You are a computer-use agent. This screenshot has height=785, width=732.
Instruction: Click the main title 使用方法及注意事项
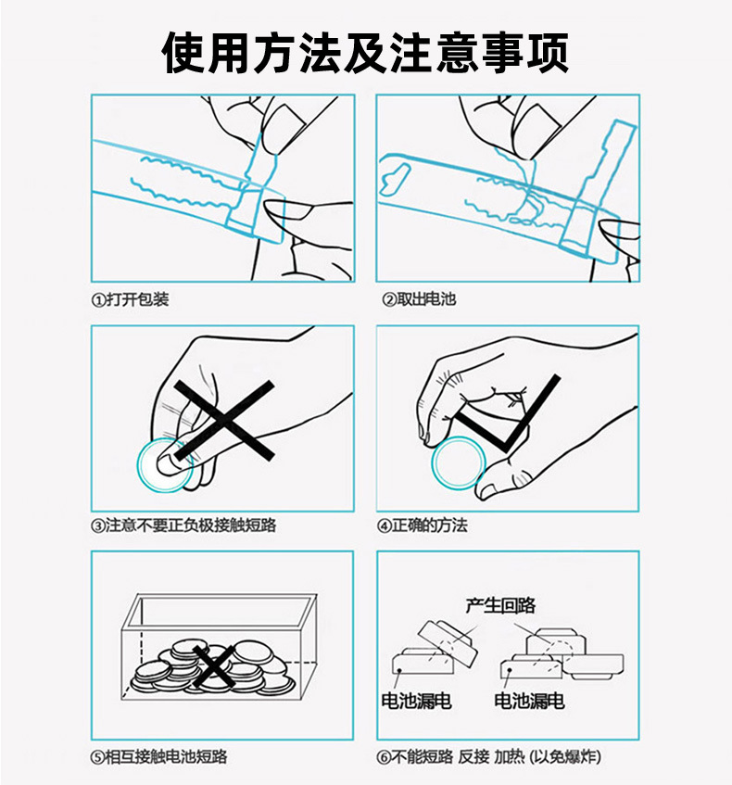click(x=365, y=52)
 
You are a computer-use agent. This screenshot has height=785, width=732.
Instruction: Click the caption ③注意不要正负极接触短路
click(x=183, y=525)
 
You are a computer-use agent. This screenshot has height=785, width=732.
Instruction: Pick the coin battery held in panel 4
click(x=459, y=462)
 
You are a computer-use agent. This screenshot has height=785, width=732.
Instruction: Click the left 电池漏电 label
click(x=416, y=702)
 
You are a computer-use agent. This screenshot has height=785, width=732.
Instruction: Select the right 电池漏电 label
click(x=529, y=702)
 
